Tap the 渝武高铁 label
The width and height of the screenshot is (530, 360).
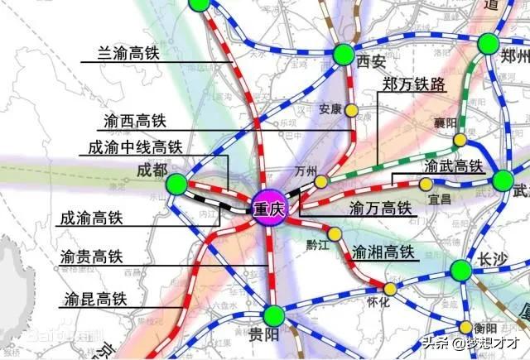452,166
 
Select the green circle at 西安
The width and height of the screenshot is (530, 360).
344,55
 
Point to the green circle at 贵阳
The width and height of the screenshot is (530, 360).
274,315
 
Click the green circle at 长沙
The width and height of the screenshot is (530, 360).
461,269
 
